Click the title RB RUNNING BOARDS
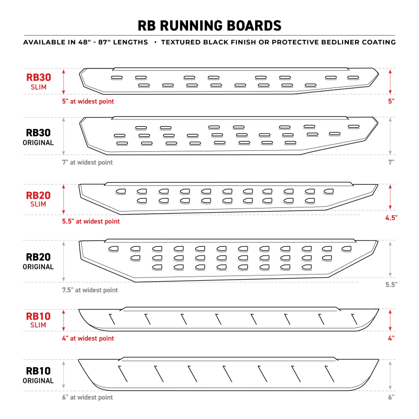[x=210, y=25]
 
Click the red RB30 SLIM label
[x=39, y=81]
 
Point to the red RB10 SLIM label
[x=39, y=319]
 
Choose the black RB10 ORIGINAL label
[x=39, y=375]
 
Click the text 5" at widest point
[x=88, y=101]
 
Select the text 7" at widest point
[x=88, y=162]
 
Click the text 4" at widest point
[x=88, y=338]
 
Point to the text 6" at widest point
[x=88, y=397]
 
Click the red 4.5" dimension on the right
[x=390, y=217]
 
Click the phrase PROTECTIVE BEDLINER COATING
[x=335, y=42]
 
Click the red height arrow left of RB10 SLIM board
[x=64, y=319]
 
